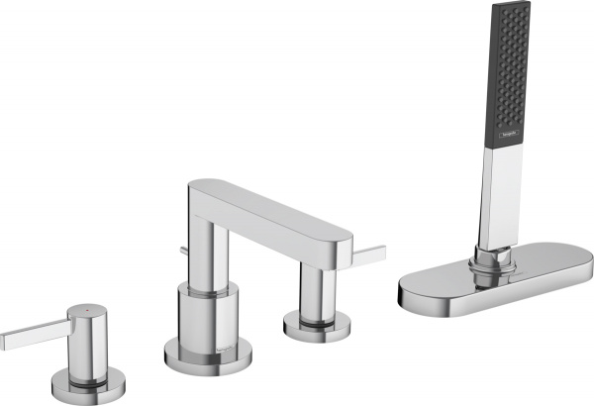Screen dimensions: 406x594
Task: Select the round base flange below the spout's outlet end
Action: (314, 323)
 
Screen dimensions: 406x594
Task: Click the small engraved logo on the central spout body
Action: (227, 342)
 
